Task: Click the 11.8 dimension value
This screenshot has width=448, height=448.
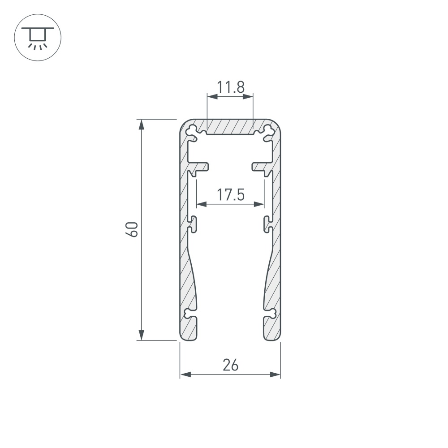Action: pos(231,86)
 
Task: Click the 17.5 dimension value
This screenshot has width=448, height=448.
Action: pos(230,195)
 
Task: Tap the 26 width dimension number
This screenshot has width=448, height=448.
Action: pos(230,365)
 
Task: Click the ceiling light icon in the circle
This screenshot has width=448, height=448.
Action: pos(38,38)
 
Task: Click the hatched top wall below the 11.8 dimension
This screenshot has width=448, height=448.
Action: pos(230,126)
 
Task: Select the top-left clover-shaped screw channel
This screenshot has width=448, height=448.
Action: pos(192,130)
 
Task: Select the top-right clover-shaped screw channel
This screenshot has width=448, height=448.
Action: pos(268,130)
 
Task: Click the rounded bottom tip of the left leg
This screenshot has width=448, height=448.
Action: pos(189,337)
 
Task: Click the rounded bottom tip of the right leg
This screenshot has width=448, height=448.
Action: pos(271,337)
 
